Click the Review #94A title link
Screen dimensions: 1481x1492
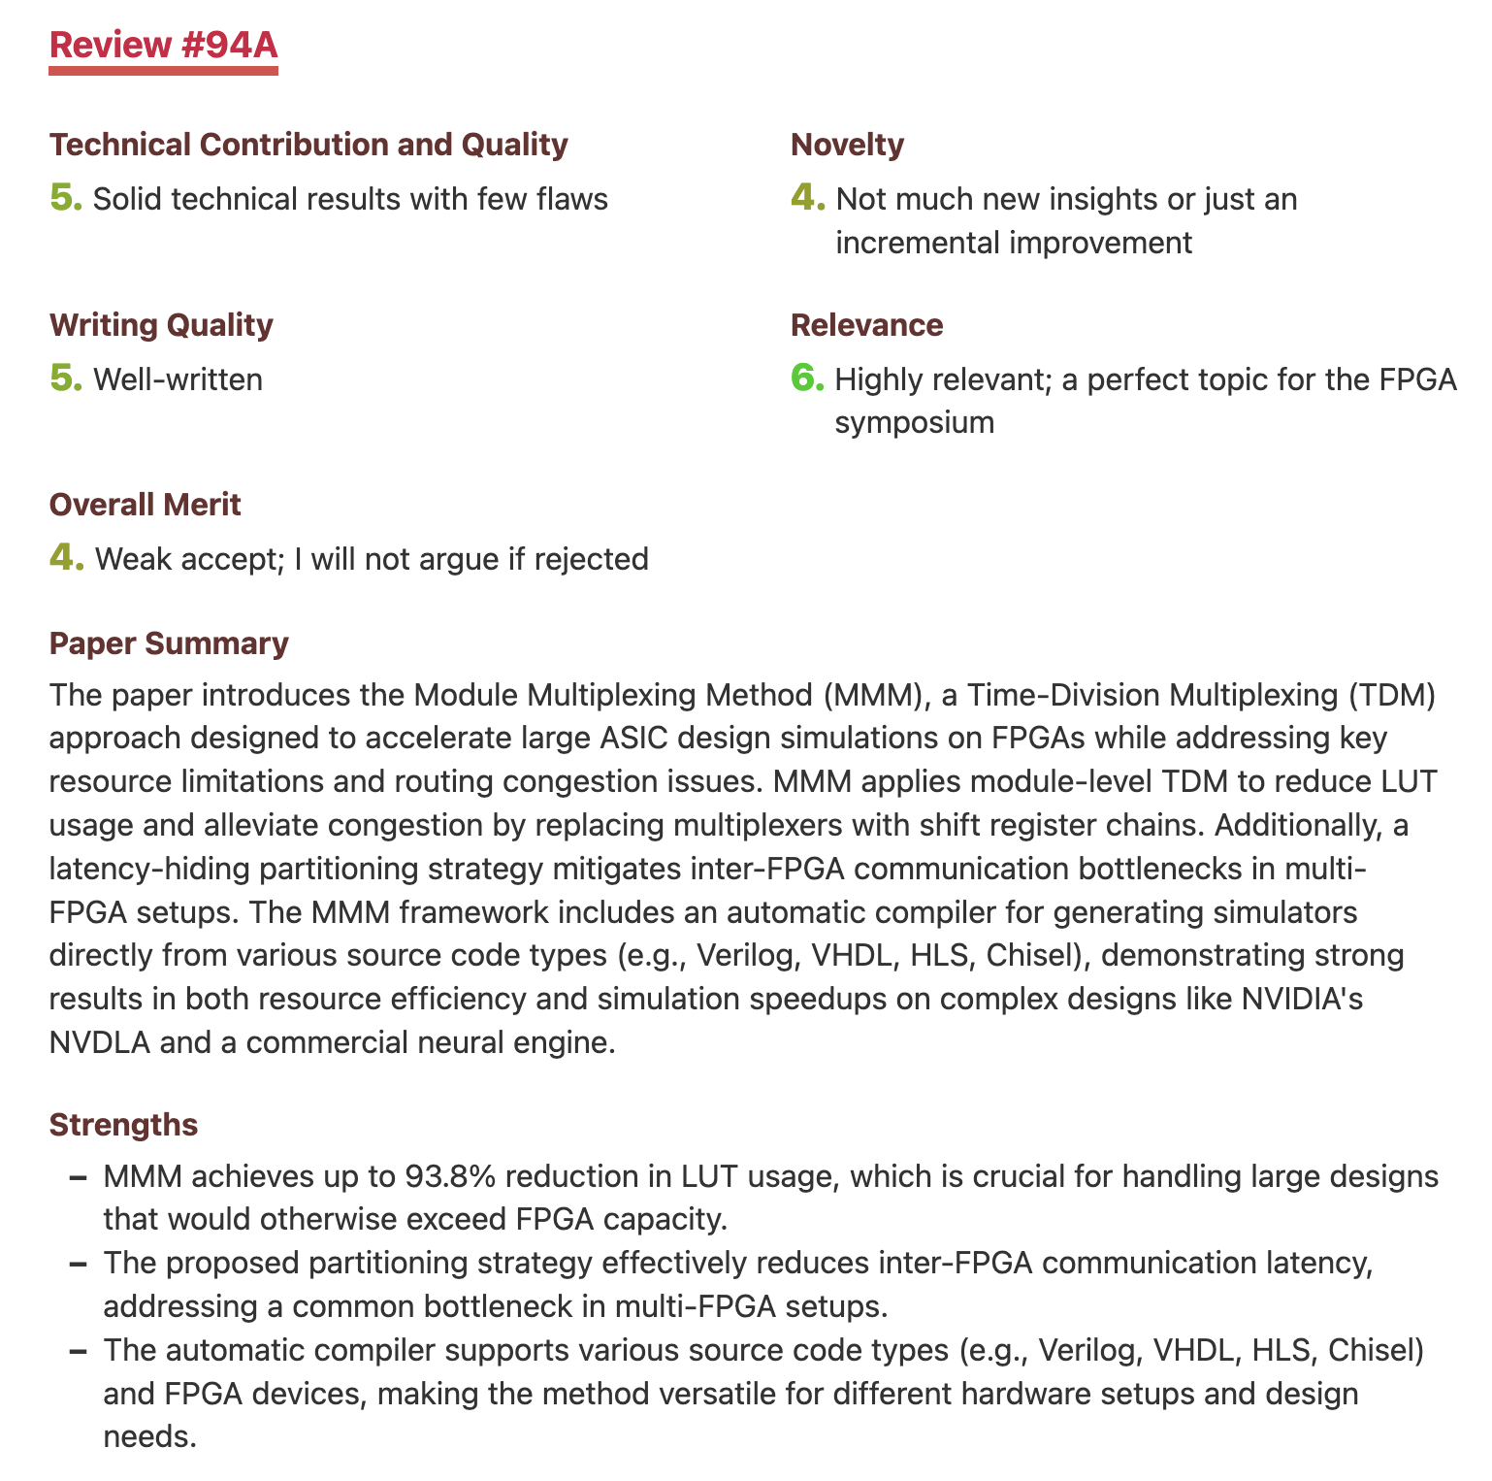click(x=164, y=46)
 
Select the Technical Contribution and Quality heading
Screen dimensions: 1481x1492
click(x=308, y=145)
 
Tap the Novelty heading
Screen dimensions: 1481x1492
click(x=847, y=145)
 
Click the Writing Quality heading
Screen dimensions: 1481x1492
click(x=161, y=325)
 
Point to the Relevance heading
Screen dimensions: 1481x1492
click(x=866, y=325)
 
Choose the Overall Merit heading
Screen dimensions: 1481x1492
click(x=146, y=505)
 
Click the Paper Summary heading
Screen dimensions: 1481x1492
click(x=169, y=643)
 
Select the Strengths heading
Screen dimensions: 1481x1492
click(x=123, y=1125)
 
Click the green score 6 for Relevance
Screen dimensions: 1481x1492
click(x=806, y=378)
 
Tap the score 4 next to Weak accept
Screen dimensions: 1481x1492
click(x=65, y=558)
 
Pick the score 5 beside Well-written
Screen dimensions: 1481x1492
click(x=65, y=378)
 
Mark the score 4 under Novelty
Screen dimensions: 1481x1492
click(x=807, y=198)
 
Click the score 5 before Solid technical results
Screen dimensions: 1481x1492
click(x=65, y=198)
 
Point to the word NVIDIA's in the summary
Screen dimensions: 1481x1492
click(x=1302, y=999)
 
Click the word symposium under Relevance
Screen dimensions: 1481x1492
click(x=914, y=422)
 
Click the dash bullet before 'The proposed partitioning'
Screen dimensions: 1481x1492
click(x=80, y=1264)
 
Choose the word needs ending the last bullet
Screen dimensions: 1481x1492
click(x=150, y=1435)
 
